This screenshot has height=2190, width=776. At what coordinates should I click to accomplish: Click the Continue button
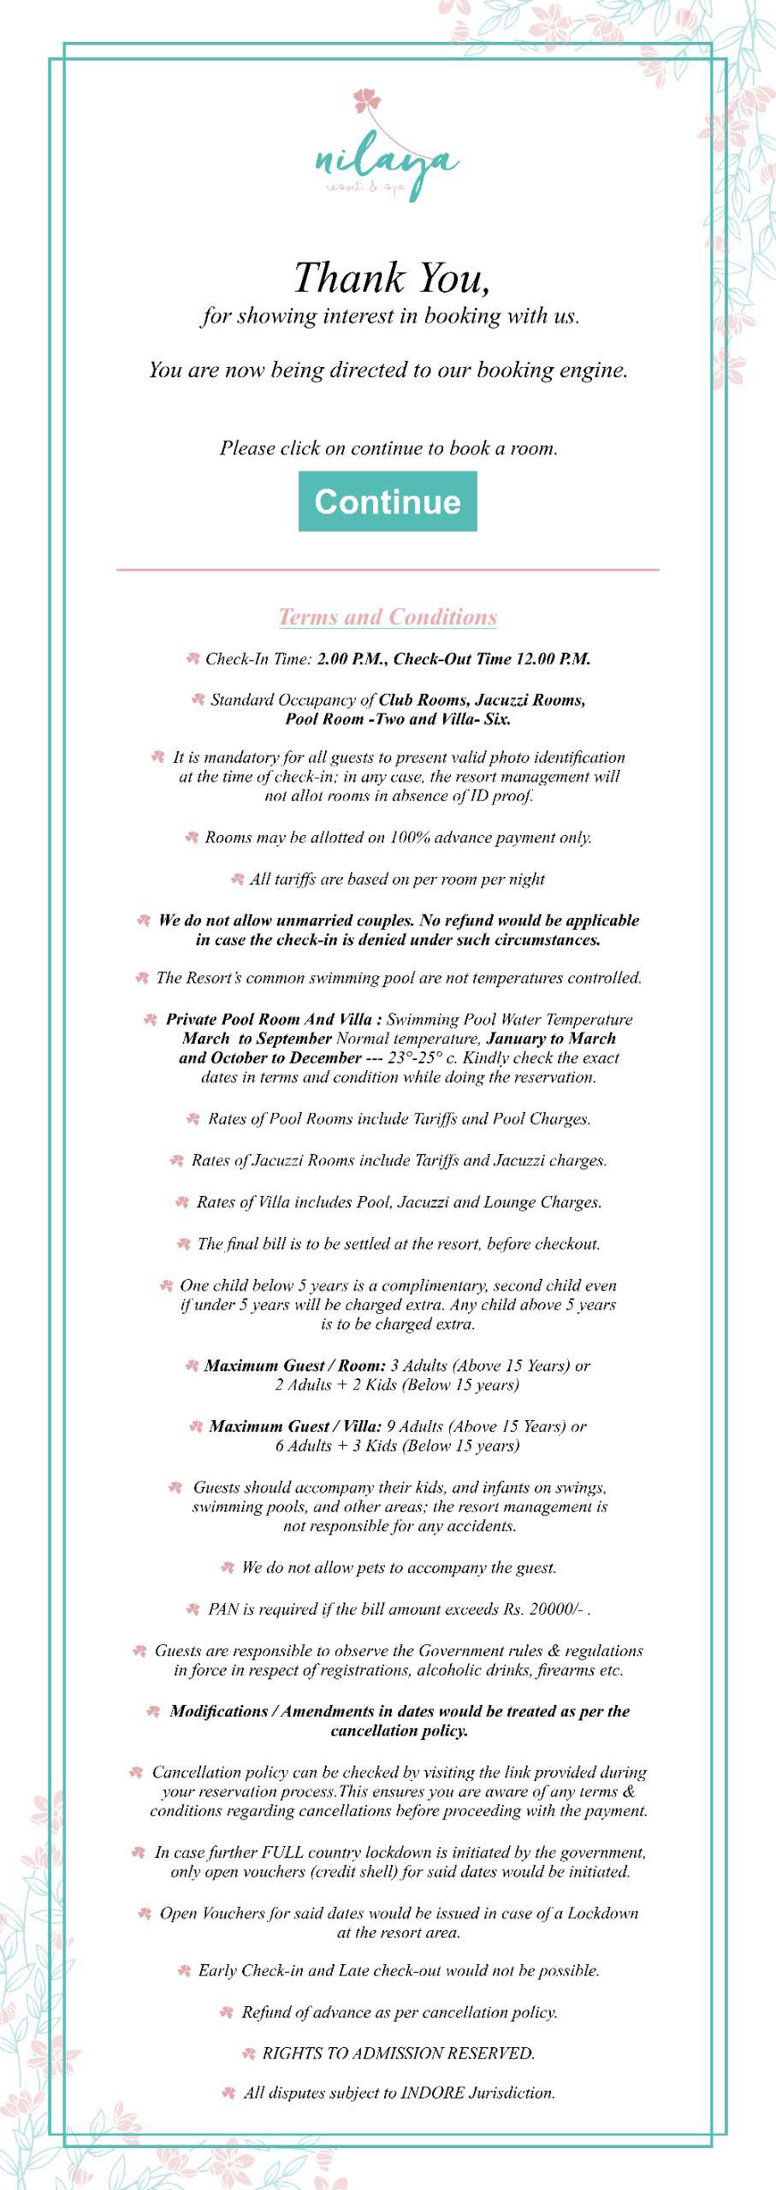[x=388, y=501]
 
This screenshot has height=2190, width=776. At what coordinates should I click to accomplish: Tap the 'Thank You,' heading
[x=391, y=277]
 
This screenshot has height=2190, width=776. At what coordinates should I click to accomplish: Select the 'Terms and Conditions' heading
[x=388, y=617]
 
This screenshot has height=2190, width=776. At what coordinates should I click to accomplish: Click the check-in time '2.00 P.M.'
[x=351, y=659]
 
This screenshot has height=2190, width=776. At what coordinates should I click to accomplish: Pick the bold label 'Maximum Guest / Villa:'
[x=295, y=1426]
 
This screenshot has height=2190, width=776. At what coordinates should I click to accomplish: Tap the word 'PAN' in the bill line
[x=223, y=1609]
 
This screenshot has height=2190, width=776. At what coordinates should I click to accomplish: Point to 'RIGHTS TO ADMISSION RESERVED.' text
[x=398, y=2053]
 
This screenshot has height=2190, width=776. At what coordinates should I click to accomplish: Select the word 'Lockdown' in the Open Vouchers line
[x=602, y=1913]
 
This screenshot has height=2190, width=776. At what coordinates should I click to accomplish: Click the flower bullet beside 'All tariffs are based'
[x=238, y=879]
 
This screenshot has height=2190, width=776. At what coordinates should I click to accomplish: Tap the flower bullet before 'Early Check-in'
[x=184, y=1971]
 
